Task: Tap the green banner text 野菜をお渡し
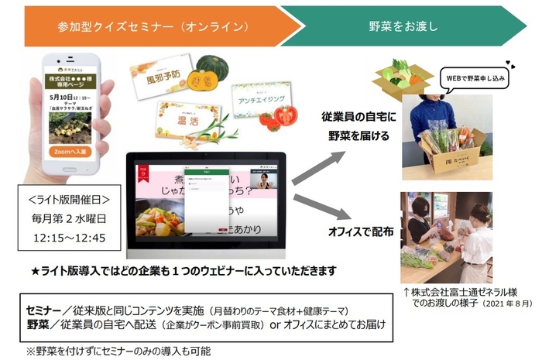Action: (402, 26)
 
